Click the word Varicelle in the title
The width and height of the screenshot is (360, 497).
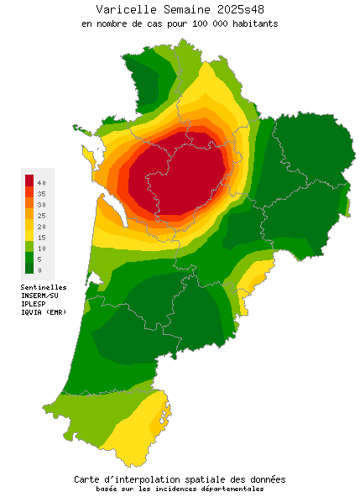pos(125,9)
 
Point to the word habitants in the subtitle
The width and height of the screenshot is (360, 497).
pos(253,24)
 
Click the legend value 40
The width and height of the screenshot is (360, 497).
pos(41,182)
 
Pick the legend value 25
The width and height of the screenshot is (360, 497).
pos(41,216)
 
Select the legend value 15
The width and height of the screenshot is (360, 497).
pos(41,238)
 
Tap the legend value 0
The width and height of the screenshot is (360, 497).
pos(39,270)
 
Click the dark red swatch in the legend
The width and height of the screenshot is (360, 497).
pos(29,180)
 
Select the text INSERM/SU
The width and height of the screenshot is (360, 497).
pos(39,296)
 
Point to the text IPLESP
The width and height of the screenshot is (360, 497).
pos(34,304)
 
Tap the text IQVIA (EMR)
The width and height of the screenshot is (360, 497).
pos(44,312)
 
